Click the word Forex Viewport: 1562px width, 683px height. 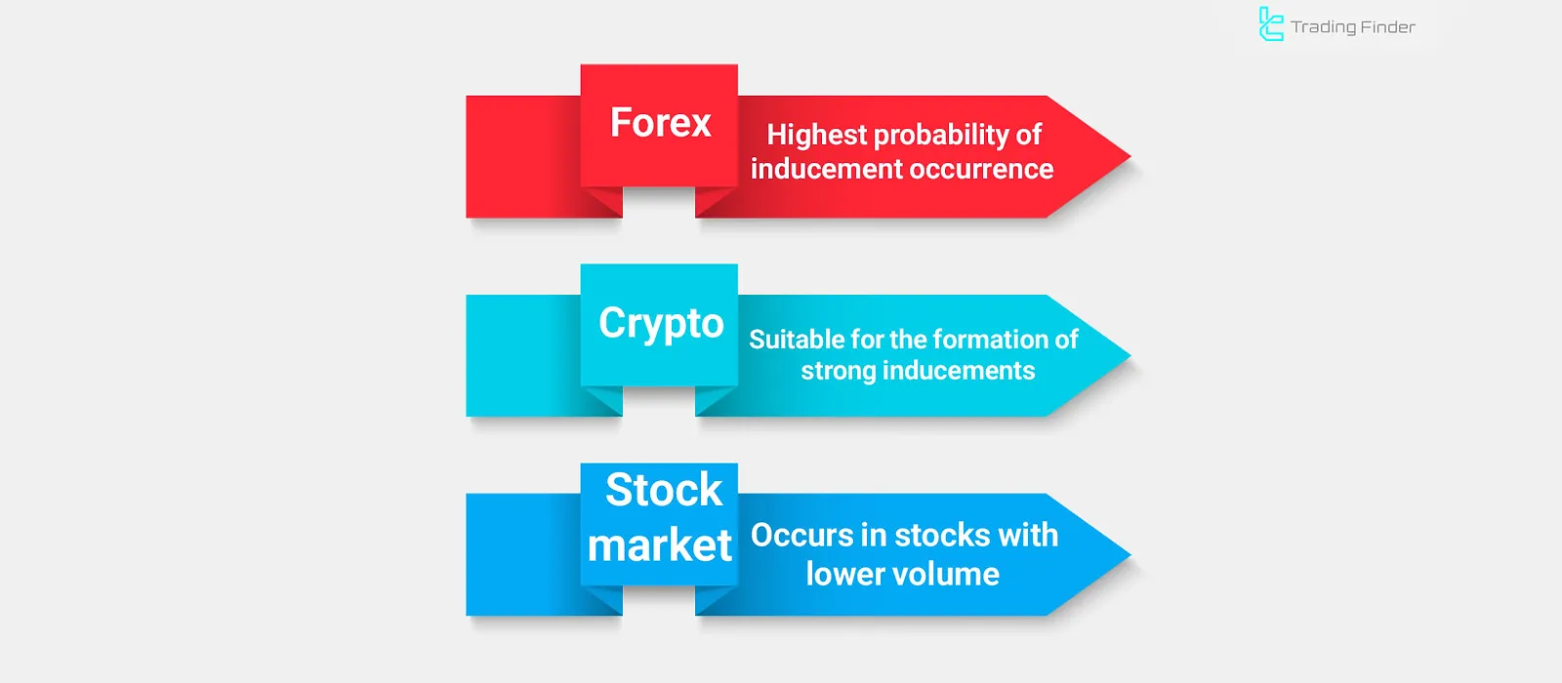pos(660,123)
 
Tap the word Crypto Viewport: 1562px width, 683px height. pos(661,324)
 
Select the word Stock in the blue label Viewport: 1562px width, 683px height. pos(664,489)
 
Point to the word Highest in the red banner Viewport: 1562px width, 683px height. pos(816,136)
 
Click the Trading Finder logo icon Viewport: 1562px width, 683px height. pos(1270,23)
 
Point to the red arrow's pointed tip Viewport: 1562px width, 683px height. pos(1130,157)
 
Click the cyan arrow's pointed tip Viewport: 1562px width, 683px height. pos(1130,355)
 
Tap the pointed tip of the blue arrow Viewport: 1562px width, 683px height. pos(1130,555)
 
